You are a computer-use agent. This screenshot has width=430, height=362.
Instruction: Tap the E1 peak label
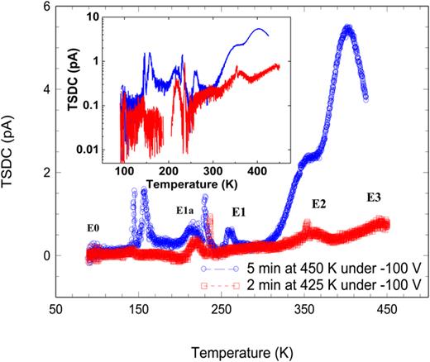coord(239,212)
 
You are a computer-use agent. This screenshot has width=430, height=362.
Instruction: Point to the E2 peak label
coord(320,203)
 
